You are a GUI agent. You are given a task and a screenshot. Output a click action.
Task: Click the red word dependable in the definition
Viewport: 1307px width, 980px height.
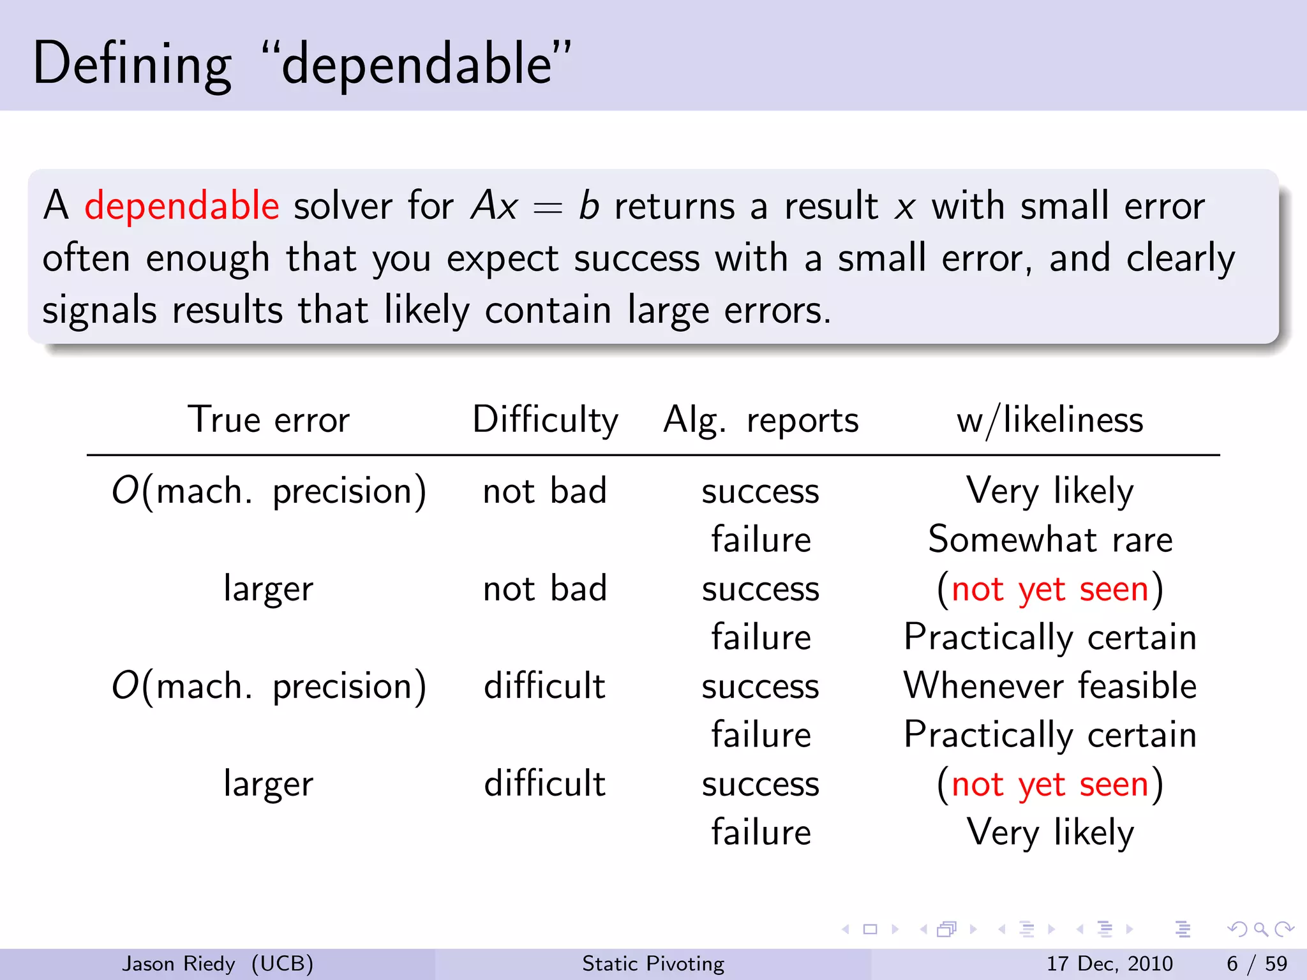click(x=181, y=206)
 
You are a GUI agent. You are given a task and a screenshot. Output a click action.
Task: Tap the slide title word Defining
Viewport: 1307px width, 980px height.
click(x=131, y=64)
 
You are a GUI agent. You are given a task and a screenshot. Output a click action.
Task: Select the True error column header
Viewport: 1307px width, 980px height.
click(x=269, y=420)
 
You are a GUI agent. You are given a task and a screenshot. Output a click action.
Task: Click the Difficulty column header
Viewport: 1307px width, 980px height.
click(x=545, y=420)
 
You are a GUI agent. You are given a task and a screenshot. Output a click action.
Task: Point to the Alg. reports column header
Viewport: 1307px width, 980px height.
click(x=761, y=420)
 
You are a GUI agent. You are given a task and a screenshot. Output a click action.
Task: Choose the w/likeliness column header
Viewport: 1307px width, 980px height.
click(x=1050, y=420)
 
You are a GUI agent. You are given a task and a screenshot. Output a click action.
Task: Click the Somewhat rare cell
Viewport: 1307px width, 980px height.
click(x=1050, y=539)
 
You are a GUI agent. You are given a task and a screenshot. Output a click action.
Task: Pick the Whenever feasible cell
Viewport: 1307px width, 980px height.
click(x=1050, y=686)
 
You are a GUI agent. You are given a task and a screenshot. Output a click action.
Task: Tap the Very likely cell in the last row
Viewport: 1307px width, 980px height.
click(x=1050, y=832)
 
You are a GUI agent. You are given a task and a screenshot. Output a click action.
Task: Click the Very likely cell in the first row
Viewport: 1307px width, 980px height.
click(x=1050, y=491)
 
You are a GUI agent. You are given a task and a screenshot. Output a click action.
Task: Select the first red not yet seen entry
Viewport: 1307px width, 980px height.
click(x=1050, y=588)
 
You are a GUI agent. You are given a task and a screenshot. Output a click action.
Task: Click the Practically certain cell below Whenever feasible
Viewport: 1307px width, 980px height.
click(x=1050, y=734)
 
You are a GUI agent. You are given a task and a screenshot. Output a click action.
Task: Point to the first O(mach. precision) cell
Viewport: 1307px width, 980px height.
click(x=269, y=491)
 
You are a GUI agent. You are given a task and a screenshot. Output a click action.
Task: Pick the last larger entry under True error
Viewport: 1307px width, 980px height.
click(x=269, y=783)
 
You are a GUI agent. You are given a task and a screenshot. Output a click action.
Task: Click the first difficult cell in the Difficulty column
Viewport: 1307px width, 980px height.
click(x=544, y=686)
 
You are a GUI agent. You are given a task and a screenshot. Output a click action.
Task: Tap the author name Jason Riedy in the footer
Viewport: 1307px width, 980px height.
click(x=179, y=963)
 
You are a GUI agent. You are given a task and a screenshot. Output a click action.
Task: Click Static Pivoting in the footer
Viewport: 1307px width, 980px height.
click(x=653, y=963)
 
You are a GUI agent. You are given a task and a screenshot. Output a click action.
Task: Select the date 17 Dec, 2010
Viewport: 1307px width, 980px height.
click(x=1109, y=963)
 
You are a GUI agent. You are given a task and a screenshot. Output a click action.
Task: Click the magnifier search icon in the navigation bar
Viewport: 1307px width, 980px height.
click(x=1260, y=930)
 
